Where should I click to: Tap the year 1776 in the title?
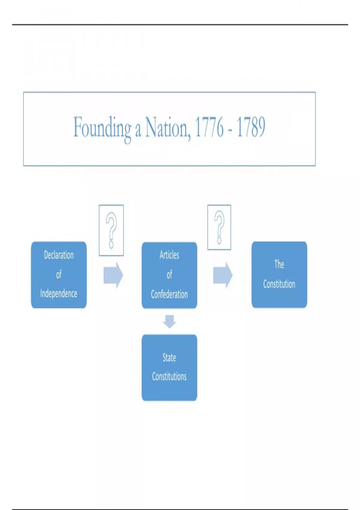point(209,127)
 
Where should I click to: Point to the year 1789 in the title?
point(251,127)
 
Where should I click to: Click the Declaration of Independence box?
point(59,274)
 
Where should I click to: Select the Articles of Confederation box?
point(169,275)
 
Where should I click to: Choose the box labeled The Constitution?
point(279,274)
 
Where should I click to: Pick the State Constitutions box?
point(169,367)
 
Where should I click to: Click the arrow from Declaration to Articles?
point(113,275)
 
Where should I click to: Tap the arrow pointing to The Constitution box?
point(223,275)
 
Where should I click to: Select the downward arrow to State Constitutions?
point(169,321)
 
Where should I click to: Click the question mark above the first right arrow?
point(111,230)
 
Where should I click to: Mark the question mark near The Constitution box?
point(219,227)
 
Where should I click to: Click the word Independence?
point(59,294)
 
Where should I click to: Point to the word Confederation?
point(169,294)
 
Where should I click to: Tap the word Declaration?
point(59,255)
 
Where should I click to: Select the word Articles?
point(169,255)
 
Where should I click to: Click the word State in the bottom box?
point(169,358)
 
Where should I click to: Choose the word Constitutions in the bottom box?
point(169,376)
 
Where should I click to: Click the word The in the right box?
point(279,264)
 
